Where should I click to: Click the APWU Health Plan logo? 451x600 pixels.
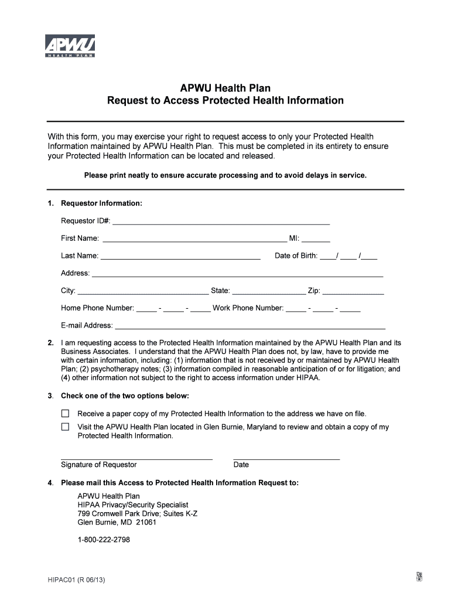click(x=70, y=46)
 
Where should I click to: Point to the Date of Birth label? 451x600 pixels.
click(x=296, y=255)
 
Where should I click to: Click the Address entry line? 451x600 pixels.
click(x=237, y=275)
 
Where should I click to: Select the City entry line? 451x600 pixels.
click(x=143, y=293)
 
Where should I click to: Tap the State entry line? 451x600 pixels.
click(x=269, y=293)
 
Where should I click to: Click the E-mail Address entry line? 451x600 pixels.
click(x=250, y=328)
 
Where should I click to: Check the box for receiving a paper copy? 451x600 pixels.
click(x=65, y=414)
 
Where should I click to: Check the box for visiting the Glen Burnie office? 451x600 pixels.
click(x=65, y=427)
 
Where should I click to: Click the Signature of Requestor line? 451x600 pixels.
click(x=136, y=458)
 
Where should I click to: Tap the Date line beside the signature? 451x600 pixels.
click(x=286, y=458)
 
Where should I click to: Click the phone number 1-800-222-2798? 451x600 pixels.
click(x=104, y=540)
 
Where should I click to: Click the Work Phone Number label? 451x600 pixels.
click(x=248, y=308)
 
